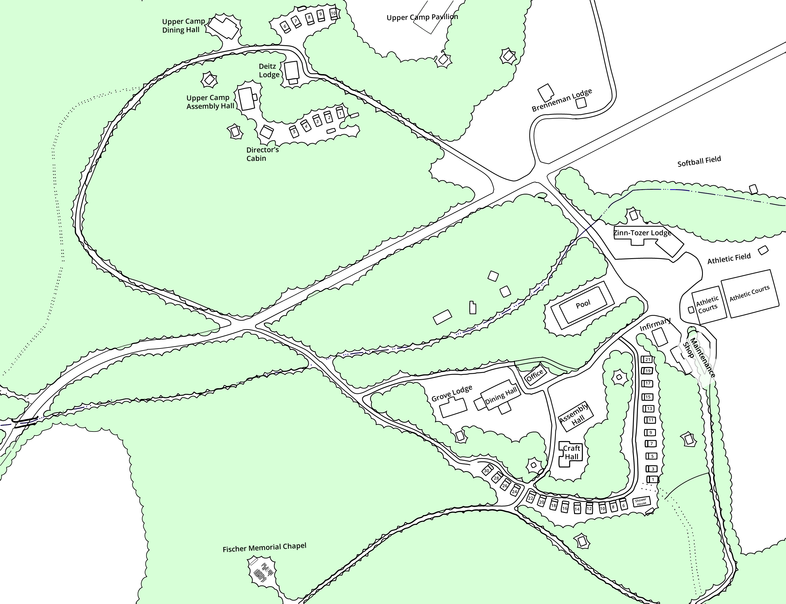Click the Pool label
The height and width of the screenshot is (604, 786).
click(x=583, y=305)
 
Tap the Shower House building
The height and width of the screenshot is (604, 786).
click(x=641, y=502)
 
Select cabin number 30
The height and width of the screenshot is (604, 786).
click(x=487, y=471)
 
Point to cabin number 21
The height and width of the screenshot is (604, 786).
click(x=648, y=359)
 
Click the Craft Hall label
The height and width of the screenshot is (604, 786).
click(x=571, y=452)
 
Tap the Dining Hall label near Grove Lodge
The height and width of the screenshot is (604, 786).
click(x=501, y=396)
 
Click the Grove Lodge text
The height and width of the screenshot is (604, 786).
click(x=452, y=393)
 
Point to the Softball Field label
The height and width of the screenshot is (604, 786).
click(x=699, y=161)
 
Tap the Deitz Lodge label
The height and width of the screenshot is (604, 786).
click(x=269, y=70)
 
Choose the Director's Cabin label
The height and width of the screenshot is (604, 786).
click(x=262, y=154)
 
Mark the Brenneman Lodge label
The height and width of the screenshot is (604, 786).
click(x=562, y=100)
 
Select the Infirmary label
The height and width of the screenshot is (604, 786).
click(x=655, y=324)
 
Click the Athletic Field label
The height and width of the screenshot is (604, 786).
click(x=729, y=258)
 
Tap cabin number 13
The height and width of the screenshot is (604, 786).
click(x=649, y=409)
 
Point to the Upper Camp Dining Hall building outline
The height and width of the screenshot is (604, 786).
click(x=224, y=26)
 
